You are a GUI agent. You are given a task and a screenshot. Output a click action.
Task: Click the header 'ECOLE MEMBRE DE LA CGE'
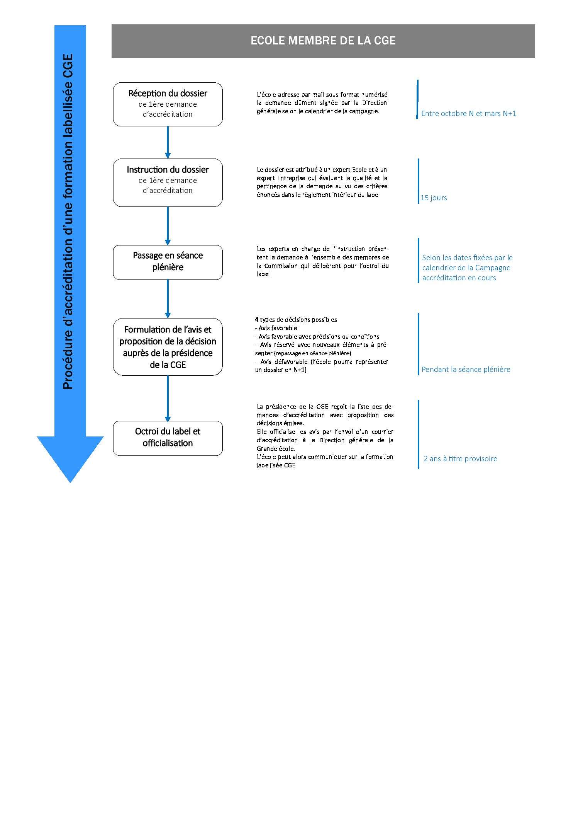323,41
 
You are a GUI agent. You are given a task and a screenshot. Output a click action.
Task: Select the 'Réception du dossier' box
168,104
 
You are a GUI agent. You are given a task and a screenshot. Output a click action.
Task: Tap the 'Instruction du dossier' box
168,182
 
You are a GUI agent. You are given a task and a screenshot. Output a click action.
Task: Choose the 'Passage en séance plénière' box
168,262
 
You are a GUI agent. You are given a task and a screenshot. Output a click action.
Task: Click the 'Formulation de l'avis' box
168,347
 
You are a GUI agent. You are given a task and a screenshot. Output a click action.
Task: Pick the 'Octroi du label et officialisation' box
168,438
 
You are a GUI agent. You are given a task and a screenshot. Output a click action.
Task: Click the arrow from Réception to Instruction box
168,142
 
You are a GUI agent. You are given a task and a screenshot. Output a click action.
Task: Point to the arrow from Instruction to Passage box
168,226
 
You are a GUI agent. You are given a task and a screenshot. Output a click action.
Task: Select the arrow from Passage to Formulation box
168,299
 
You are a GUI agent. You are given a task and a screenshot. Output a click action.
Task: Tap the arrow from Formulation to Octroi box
168,398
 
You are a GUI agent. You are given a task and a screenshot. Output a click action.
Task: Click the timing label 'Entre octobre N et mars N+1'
469,114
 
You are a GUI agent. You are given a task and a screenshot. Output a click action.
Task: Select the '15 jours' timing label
434,198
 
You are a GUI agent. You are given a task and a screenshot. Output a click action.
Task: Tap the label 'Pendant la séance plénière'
466,370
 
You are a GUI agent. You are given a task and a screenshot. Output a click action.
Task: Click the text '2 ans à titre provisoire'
461,459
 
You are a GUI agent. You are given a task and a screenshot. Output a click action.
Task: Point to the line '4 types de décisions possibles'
296,320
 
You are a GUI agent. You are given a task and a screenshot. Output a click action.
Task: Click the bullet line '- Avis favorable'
276,328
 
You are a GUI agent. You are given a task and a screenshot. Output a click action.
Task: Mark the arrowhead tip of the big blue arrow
70,482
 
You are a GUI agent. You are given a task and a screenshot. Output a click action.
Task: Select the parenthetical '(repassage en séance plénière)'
313,353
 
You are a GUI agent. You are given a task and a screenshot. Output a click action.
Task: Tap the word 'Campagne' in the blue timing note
493,268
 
